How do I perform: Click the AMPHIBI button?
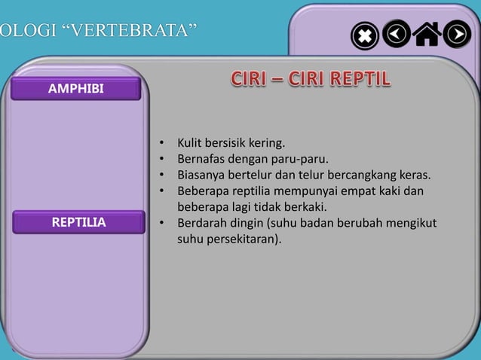pyautogui.click(x=75, y=90)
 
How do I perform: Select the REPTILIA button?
pyautogui.click(x=78, y=222)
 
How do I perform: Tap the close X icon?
pyautogui.click(x=365, y=35)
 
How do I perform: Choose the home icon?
pyautogui.click(x=427, y=34)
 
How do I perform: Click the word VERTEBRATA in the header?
pyautogui.click(x=125, y=32)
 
